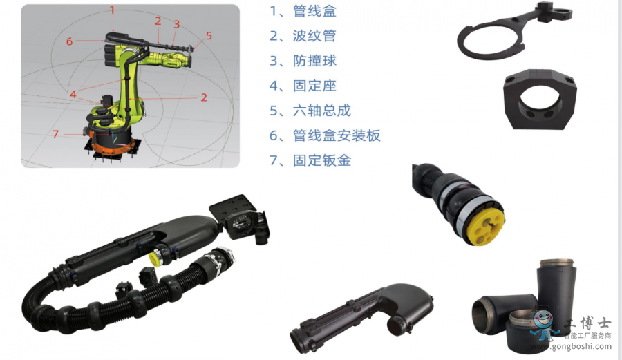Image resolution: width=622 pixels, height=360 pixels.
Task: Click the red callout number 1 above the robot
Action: [x=112, y=10]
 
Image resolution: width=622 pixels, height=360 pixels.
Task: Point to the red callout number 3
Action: [x=176, y=25]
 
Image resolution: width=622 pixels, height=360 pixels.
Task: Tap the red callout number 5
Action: [x=209, y=36]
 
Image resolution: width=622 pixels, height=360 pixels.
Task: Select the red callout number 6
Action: [x=69, y=41]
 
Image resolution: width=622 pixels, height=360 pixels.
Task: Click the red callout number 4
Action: [x=73, y=95]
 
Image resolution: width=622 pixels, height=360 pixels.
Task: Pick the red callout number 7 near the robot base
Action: [x=55, y=134]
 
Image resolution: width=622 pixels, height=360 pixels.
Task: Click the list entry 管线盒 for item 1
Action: [x=314, y=10]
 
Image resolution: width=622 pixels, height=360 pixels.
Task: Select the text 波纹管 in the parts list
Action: [x=314, y=36]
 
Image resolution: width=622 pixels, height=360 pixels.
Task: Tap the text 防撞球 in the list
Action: [x=314, y=61]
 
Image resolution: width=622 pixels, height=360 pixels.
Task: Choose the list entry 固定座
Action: [x=314, y=86]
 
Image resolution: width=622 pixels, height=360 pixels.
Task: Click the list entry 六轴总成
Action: [x=321, y=111]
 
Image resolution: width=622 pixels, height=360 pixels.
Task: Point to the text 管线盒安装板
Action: [x=337, y=135]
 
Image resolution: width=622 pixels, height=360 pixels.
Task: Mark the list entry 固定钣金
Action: [x=321, y=160]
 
